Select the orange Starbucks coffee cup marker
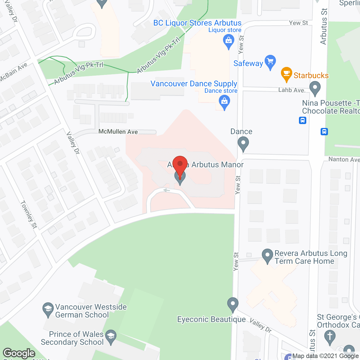point(287,74)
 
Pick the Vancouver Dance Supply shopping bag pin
point(224,102)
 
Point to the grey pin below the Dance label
point(243,143)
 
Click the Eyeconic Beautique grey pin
point(233,304)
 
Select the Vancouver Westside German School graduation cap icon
point(48,309)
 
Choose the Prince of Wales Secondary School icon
point(111,337)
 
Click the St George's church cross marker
point(330,337)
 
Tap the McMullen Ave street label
point(118,132)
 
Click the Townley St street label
point(29,215)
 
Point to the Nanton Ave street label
point(344,159)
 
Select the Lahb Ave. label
point(292,90)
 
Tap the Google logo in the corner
point(19,353)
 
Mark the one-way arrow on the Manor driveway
point(166,190)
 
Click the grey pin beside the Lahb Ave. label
point(315,88)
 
